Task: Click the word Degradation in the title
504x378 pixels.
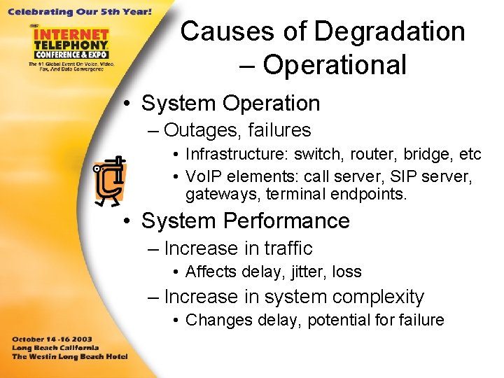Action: click(389, 31)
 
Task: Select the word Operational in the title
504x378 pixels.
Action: click(335, 65)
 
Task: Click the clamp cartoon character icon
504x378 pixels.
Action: click(109, 180)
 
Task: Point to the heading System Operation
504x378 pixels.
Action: click(230, 103)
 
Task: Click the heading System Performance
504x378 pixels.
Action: click(245, 220)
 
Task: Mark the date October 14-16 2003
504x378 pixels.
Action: click(52, 338)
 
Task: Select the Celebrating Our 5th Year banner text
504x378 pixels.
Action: click(80, 12)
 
